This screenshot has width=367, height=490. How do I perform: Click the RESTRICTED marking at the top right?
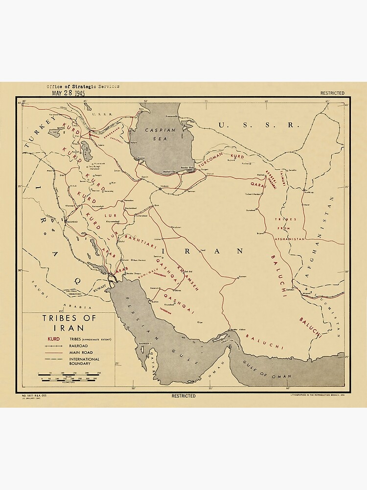tap(332, 93)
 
